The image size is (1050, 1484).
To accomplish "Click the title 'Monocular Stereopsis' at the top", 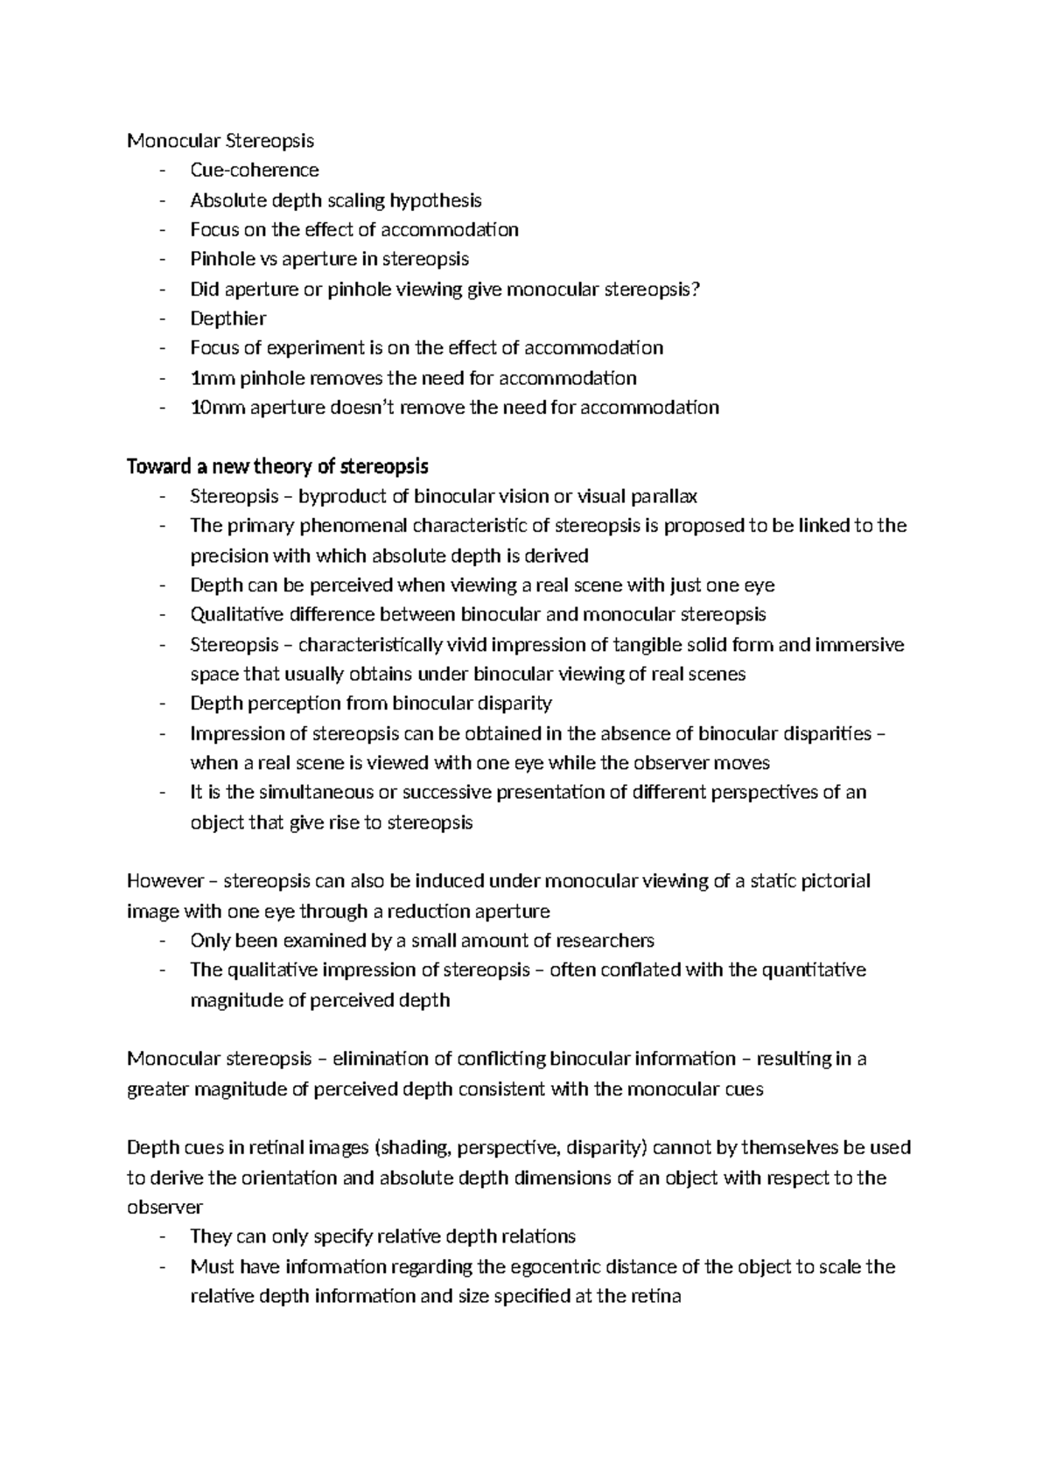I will [220, 140].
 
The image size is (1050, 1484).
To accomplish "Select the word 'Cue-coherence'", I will [254, 170].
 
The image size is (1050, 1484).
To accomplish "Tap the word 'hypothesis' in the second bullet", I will [436, 200].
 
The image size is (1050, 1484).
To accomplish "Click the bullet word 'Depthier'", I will [227, 318].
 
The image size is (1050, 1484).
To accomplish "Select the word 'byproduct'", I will [342, 497].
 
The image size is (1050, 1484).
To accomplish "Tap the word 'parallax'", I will [663, 497].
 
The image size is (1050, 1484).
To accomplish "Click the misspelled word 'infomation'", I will [321, 1267].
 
